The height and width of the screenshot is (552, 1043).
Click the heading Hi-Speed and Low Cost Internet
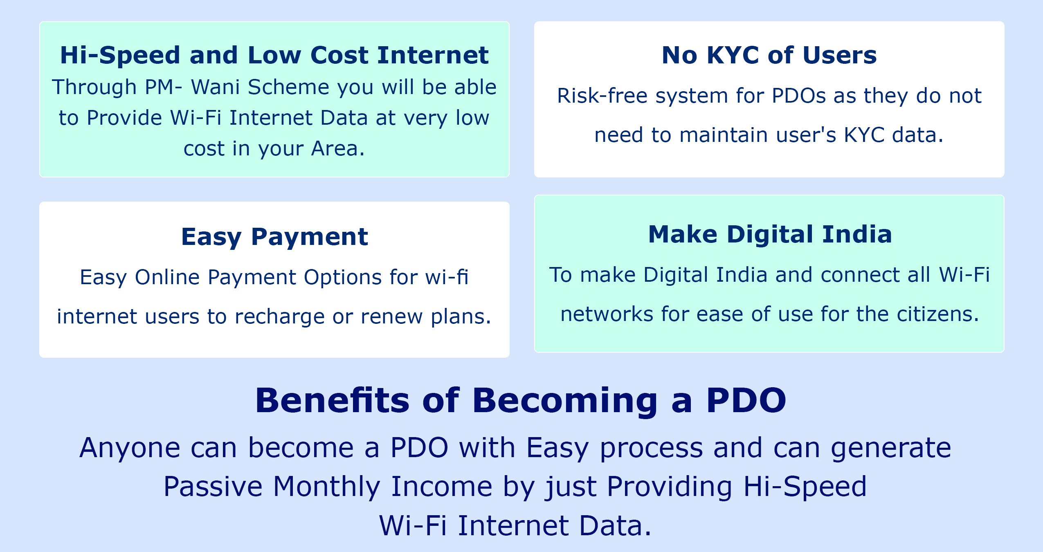coord(274,55)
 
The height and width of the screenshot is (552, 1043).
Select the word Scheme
coord(288,87)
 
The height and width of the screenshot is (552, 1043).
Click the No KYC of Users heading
coord(769,55)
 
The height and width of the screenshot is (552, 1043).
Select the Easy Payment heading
coord(274,237)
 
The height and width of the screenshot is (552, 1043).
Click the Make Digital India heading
coord(770,234)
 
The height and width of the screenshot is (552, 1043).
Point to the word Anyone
coord(130,448)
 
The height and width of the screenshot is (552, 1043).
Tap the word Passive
coord(213,487)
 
